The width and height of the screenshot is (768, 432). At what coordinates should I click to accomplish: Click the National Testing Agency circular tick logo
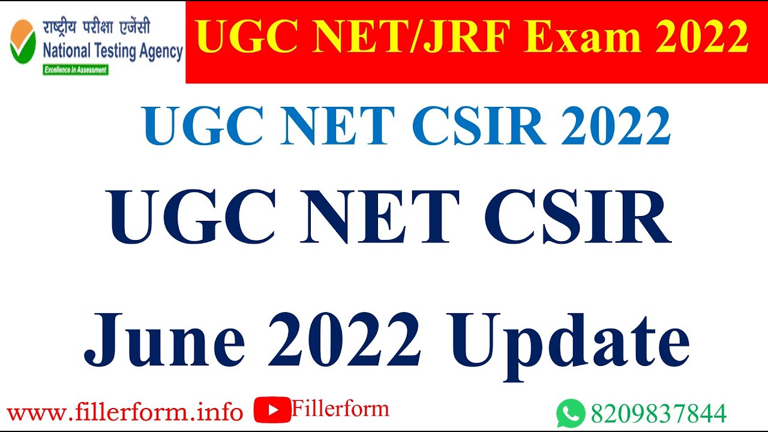[x=22, y=41]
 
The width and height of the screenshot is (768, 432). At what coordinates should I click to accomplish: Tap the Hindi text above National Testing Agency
[x=96, y=28]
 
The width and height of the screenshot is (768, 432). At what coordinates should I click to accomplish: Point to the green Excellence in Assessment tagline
[x=76, y=70]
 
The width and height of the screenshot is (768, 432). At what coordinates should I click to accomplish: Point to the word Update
[x=570, y=345]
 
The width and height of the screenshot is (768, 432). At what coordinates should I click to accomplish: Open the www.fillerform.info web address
[x=125, y=412]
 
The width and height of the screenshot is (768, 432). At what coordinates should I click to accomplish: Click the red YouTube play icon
[x=272, y=410]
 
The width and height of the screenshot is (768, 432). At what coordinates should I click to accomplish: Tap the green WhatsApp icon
[x=570, y=413]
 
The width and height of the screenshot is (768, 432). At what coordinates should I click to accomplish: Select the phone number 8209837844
[x=659, y=413]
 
